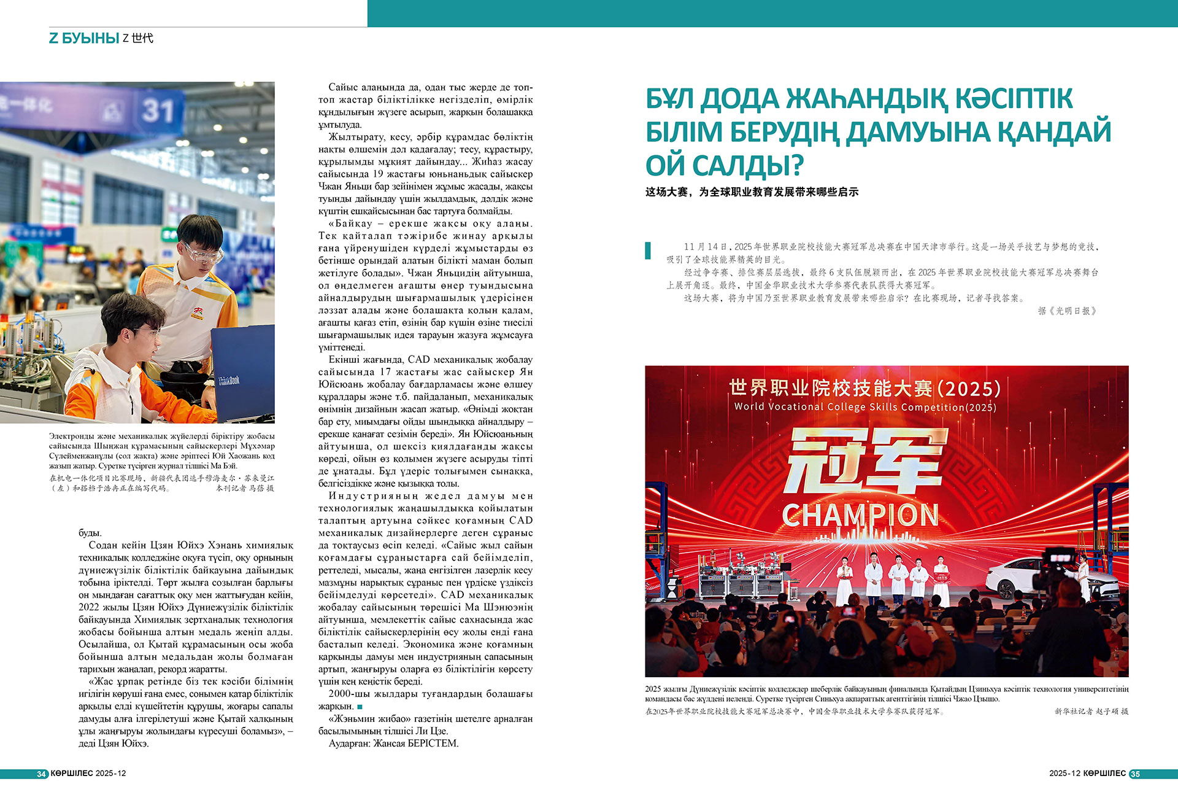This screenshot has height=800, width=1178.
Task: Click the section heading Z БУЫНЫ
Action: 84,38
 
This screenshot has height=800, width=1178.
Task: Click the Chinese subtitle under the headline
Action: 752,192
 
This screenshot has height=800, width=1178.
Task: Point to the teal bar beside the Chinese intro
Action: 648,250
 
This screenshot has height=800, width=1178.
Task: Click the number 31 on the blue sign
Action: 158,111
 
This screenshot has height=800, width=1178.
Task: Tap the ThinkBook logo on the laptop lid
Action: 229,381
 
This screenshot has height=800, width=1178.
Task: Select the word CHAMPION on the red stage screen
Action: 860,516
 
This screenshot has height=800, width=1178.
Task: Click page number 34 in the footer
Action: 42,774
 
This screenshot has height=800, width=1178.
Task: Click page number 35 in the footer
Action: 1135,774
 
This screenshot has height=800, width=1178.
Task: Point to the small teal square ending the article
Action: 360,707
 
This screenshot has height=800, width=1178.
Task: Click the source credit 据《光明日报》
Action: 1068,311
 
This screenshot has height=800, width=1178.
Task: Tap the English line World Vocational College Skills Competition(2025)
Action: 865,407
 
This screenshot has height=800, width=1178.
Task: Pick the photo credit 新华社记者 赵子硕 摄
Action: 1091,712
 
